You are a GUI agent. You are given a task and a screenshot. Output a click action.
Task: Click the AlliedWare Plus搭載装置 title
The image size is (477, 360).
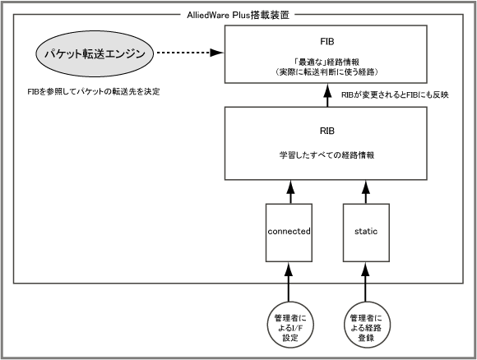[238, 15]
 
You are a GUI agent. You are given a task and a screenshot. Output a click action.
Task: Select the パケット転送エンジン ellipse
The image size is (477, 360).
[95, 53]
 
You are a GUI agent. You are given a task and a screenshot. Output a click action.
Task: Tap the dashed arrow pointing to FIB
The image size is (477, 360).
[190, 53]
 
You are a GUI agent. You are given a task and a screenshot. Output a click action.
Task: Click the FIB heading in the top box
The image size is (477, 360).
[327, 41]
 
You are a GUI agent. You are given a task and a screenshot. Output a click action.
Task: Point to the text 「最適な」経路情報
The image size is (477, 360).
[326, 62]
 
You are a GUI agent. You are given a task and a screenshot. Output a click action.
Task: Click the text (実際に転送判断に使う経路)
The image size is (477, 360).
[326, 72]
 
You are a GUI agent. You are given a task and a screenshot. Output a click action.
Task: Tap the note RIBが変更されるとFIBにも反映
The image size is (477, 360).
[395, 95]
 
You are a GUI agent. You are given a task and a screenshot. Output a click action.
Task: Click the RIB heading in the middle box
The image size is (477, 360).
[327, 131]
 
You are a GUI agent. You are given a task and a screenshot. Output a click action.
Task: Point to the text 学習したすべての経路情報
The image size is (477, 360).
[326, 155]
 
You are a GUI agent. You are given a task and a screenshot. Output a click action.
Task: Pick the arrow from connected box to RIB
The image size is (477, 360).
[290, 192]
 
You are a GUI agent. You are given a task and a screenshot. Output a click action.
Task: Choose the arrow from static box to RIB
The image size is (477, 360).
[366, 192]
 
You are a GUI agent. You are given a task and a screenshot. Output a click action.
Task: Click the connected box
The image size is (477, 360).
[289, 233]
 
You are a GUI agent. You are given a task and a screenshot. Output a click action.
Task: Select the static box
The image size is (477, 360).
[366, 233]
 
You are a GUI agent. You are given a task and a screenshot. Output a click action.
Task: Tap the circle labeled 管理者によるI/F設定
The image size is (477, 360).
[290, 325]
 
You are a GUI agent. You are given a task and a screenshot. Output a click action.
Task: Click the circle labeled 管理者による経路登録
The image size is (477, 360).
[366, 325]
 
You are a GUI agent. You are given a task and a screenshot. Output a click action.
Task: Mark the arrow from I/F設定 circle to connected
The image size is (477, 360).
[289, 282]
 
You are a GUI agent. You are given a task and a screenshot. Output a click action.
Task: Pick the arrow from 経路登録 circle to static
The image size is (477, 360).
[365, 282]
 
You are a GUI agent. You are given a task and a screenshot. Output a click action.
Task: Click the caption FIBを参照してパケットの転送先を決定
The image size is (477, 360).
[94, 91]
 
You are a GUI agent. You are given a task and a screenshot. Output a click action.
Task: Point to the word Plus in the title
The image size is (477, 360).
[241, 15]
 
